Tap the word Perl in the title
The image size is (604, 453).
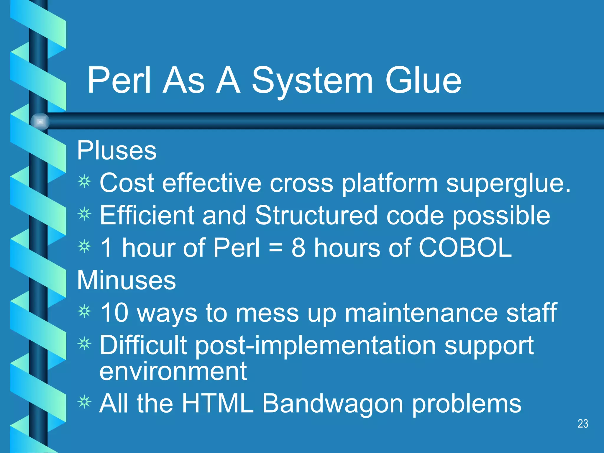pos(119,80)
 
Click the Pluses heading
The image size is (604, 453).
pos(116,150)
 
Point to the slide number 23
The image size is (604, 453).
pos(583,424)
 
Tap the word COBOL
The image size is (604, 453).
pos(465,248)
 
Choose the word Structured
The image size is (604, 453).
pos(316,215)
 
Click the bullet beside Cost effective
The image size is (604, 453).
pos(85,182)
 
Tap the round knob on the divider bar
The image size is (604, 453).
pos(40,122)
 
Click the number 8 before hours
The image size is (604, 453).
pos(298,248)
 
